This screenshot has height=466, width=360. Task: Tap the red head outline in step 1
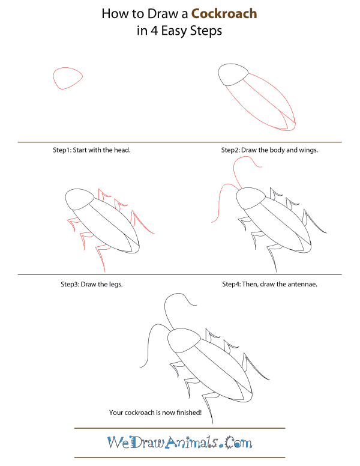click(x=67, y=78)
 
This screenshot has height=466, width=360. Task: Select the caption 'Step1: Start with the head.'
click(x=92, y=150)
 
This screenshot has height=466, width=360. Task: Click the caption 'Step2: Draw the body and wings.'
click(x=269, y=150)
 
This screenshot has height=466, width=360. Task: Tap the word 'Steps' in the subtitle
click(x=207, y=31)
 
